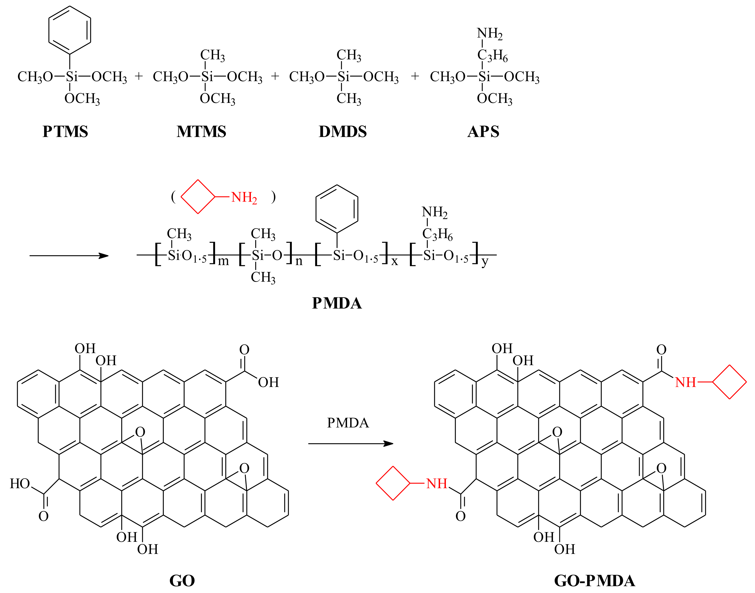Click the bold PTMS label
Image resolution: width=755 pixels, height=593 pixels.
pos(65,132)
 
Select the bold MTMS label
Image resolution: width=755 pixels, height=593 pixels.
pos(201,132)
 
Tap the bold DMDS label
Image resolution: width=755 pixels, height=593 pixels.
pos(343,132)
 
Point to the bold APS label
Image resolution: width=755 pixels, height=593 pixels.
pos(483,132)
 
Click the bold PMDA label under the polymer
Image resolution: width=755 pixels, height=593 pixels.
pos(337,303)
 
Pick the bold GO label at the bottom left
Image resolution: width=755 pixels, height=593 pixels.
pos(182,581)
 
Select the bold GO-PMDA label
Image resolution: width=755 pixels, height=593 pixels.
pos(595,581)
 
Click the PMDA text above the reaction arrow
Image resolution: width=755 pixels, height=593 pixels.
pos(348,423)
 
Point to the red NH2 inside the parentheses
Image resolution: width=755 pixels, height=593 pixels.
pos(244,198)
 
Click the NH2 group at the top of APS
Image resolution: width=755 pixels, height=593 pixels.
pos(489,34)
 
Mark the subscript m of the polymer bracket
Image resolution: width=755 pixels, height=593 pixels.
pos(223,261)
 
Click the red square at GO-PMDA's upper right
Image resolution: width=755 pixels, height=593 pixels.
pos(729,382)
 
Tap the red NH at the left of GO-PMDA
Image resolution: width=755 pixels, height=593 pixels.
pos(437,483)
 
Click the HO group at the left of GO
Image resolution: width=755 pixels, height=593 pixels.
pos(20,483)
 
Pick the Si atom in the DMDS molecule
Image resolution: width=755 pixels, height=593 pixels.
pos(343,77)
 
